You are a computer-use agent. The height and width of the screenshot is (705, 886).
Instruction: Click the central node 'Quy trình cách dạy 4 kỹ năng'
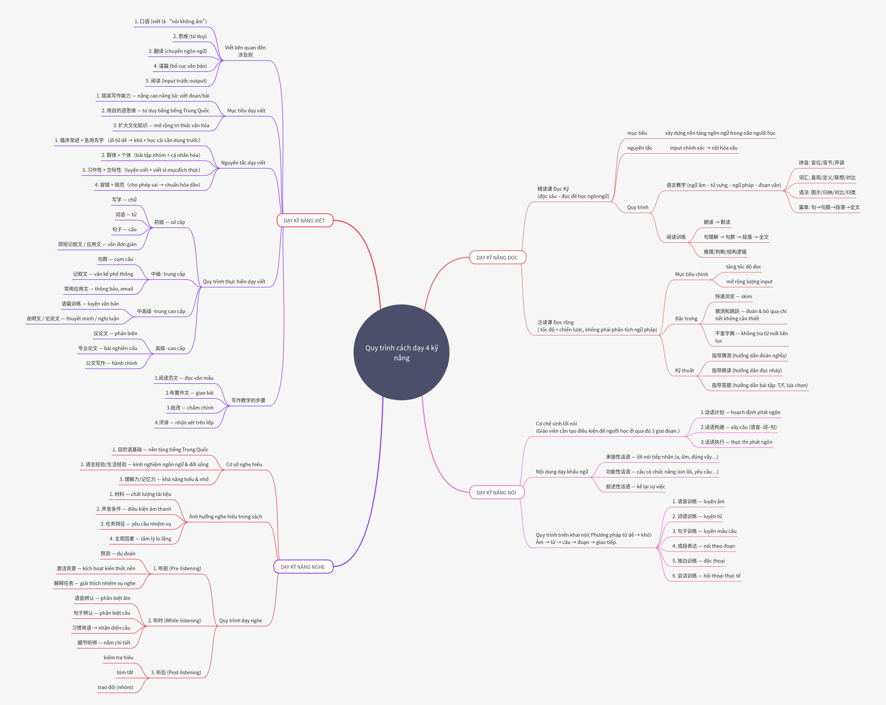[401, 352]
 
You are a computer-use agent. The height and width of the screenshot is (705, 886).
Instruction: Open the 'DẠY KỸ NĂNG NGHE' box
[303, 567]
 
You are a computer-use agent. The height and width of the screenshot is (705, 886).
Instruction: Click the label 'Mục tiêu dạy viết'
[246, 110]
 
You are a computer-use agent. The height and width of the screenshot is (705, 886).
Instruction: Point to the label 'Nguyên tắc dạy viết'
[243, 163]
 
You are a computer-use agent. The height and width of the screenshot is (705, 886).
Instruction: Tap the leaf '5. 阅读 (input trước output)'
[176, 81]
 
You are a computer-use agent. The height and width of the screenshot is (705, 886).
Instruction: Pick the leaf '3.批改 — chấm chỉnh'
[190, 408]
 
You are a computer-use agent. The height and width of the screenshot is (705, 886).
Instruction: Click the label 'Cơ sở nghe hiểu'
[244, 464]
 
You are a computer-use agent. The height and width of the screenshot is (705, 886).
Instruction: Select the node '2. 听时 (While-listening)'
[174, 620]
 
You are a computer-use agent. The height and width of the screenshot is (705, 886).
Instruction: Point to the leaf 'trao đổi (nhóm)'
[115, 687]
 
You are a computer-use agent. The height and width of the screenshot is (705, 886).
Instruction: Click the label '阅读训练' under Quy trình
[676, 237]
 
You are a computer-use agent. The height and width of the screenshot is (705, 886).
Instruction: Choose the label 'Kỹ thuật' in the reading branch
[684, 370]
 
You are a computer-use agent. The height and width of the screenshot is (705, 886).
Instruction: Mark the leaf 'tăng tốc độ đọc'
[743, 267]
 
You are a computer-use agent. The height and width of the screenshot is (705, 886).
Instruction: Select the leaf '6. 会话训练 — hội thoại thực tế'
[706, 576]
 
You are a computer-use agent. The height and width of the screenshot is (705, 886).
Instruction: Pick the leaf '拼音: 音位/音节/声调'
[821, 163]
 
